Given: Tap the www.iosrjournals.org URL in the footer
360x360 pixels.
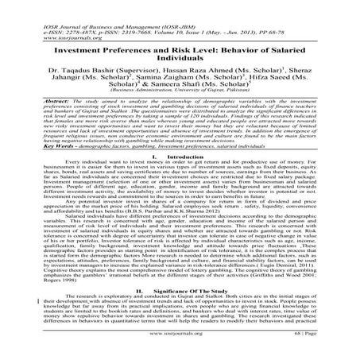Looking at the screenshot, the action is point(180,347).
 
